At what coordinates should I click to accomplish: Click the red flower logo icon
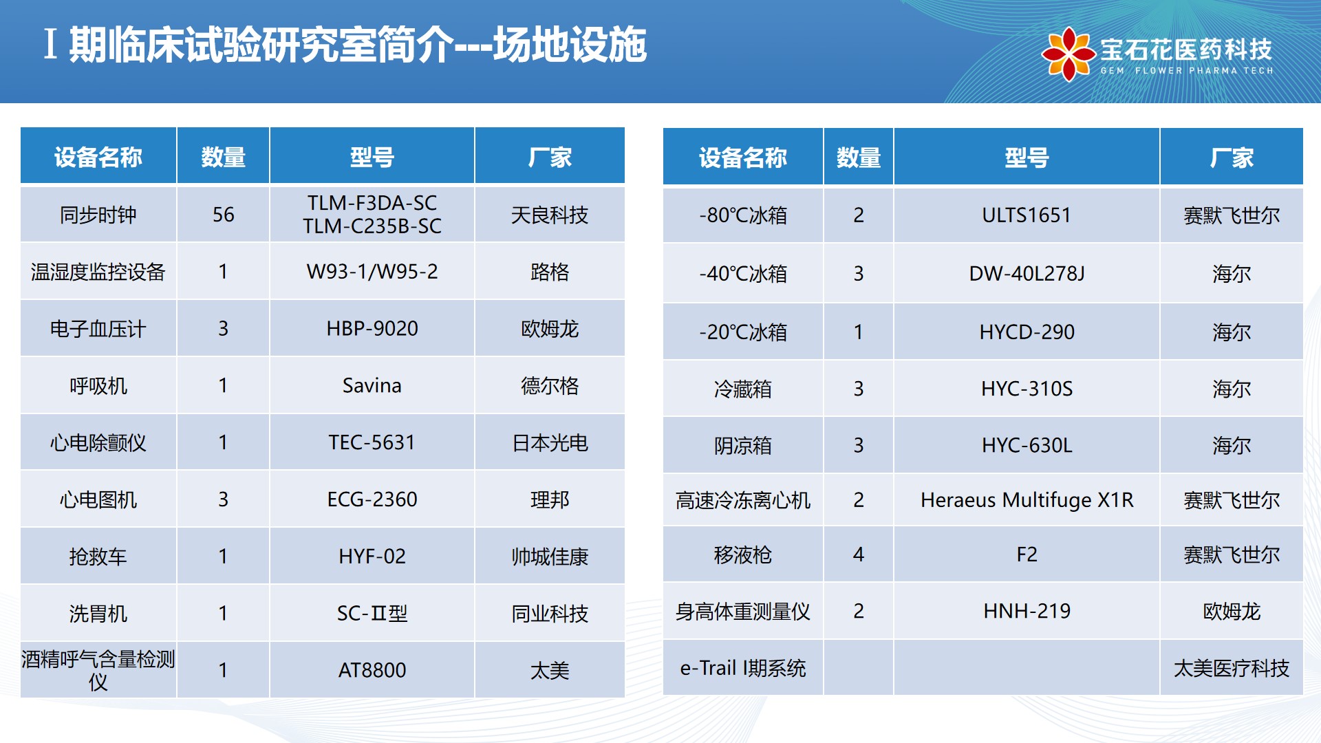[x=1068, y=54]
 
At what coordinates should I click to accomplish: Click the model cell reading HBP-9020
[x=372, y=329]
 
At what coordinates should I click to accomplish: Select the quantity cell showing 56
[x=223, y=215]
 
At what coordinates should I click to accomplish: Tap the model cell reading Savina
[x=372, y=385]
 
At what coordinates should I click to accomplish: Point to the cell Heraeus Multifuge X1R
[x=1027, y=500]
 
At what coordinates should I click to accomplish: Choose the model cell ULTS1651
[x=1027, y=215]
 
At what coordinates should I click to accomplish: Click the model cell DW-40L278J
[x=1027, y=274]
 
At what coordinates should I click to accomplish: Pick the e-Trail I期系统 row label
[x=743, y=668]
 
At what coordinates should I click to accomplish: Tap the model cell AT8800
[x=372, y=670]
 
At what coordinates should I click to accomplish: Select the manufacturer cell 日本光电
[x=550, y=442]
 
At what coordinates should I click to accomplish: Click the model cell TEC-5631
[x=372, y=442]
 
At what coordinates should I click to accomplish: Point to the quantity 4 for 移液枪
[x=858, y=554]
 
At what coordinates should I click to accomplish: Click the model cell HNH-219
[x=1027, y=611]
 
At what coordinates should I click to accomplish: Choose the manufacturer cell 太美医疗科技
[x=1232, y=668]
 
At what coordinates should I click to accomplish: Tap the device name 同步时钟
[x=98, y=215]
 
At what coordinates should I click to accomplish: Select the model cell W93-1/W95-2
[x=372, y=272]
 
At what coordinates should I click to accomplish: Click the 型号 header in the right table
[x=1027, y=158]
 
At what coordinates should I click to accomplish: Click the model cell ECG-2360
[x=372, y=499]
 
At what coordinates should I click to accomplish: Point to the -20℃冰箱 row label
[x=743, y=332]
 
